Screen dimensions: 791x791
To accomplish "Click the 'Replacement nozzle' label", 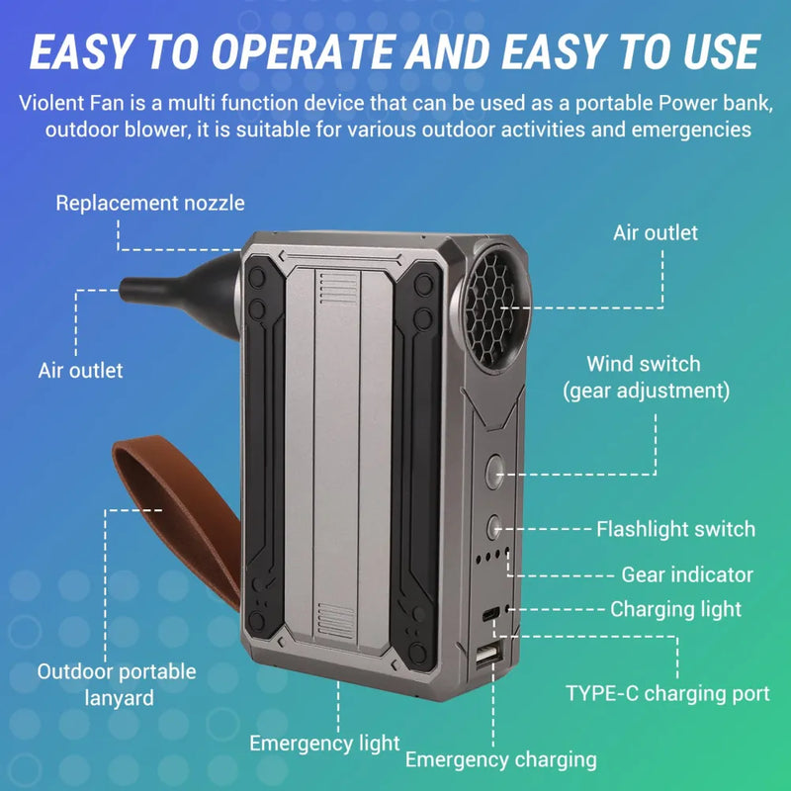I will click(x=150, y=204).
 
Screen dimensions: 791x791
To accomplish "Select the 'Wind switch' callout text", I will click(x=643, y=365).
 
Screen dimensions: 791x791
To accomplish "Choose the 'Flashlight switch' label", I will click(x=675, y=529).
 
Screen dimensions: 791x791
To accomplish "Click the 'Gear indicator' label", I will click(x=687, y=574).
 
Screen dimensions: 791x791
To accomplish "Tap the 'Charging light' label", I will click(x=675, y=609).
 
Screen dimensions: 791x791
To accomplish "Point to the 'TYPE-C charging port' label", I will click(x=667, y=693).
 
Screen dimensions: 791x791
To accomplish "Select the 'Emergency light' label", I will click(x=324, y=744).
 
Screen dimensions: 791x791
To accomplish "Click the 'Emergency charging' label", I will click(x=500, y=759).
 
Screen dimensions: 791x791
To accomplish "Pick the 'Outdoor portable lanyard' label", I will click(x=117, y=684).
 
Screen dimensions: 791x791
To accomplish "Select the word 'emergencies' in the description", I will click(x=698, y=130).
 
